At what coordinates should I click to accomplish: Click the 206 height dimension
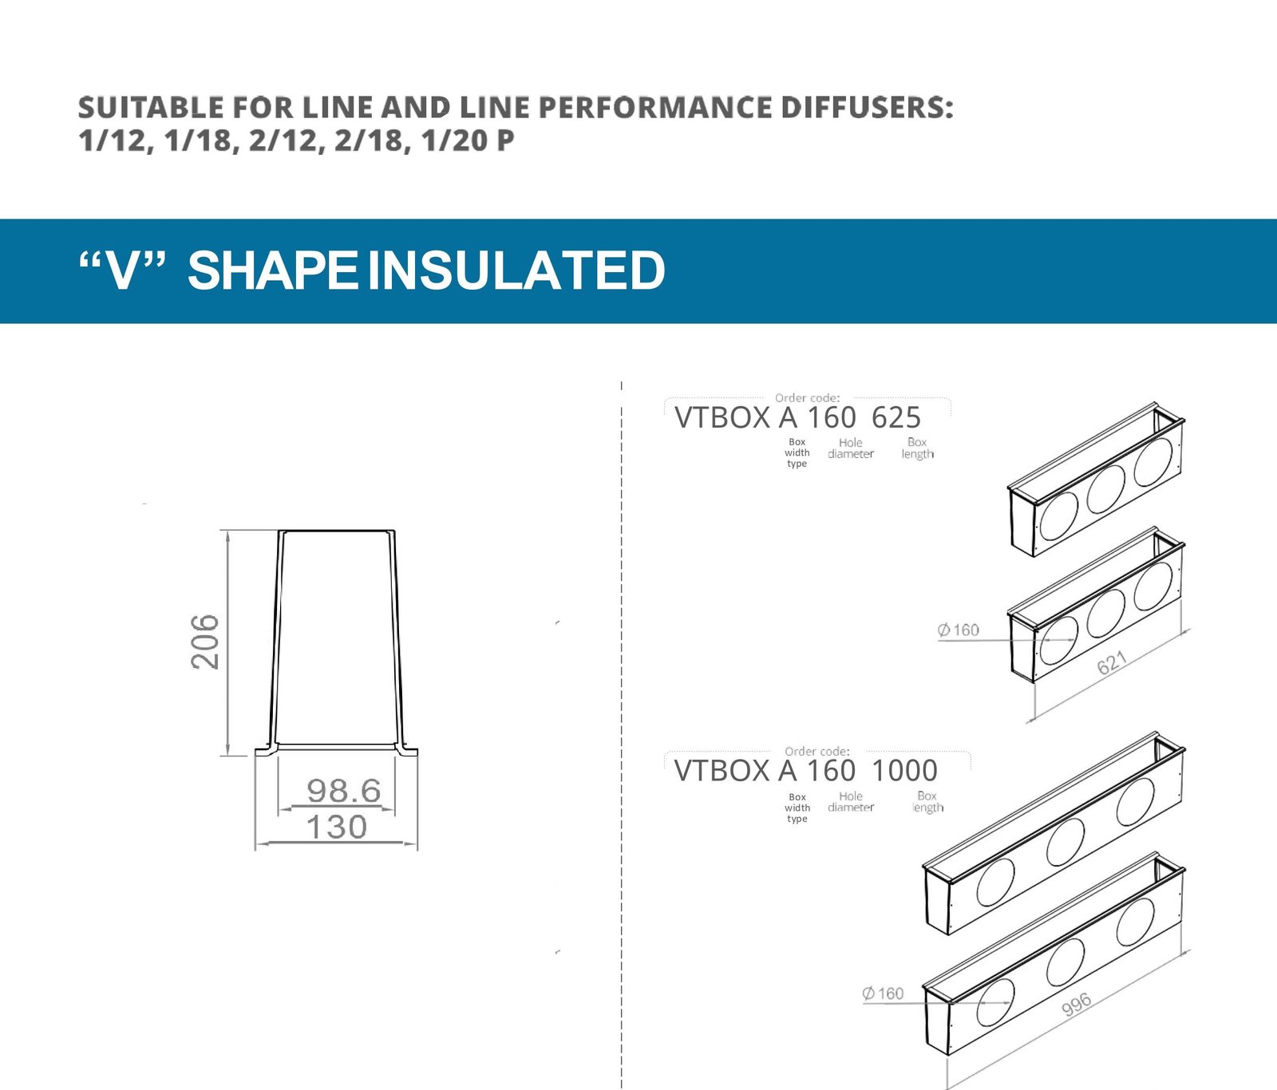[205, 642]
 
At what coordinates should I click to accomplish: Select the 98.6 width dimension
[344, 791]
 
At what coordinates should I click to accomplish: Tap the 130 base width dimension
[337, 827]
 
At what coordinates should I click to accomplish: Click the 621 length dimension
[1112, 662]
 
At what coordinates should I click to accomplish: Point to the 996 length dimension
[1077, 1005]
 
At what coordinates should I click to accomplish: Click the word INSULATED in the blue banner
[516, 271]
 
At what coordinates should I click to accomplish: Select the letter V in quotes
[123, 271]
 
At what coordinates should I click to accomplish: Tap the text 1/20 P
[467, 140]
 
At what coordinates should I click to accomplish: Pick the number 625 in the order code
[896, 417]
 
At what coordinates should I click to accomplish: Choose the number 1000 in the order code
[904, 771]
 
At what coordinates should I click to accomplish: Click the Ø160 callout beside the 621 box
[959, 630]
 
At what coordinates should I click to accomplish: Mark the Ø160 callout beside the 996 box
[883, 993]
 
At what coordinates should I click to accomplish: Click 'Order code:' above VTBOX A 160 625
[807, 397]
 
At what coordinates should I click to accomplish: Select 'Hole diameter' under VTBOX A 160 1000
[851, 802]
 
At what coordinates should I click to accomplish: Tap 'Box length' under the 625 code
[918, 448]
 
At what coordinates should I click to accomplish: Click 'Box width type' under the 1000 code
[797, 808]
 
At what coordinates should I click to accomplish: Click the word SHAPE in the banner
[272, 271]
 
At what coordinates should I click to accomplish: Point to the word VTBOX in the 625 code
[722, 417]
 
